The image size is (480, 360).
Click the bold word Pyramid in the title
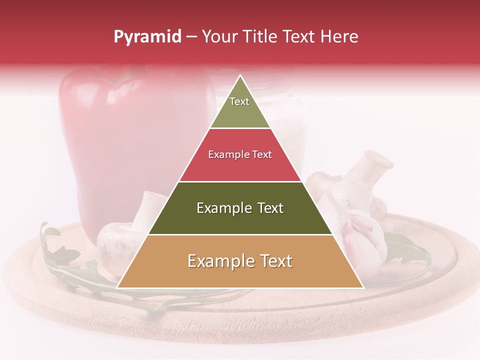coord(147,37)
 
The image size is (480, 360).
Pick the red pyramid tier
coord(240,165)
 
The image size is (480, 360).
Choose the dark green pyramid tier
coord(240,217)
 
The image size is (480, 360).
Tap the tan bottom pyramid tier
coord(240,270)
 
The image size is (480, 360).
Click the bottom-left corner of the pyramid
coord(118,287)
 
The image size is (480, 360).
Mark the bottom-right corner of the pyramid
coord(362,287)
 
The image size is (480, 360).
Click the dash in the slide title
coord(191,37)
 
